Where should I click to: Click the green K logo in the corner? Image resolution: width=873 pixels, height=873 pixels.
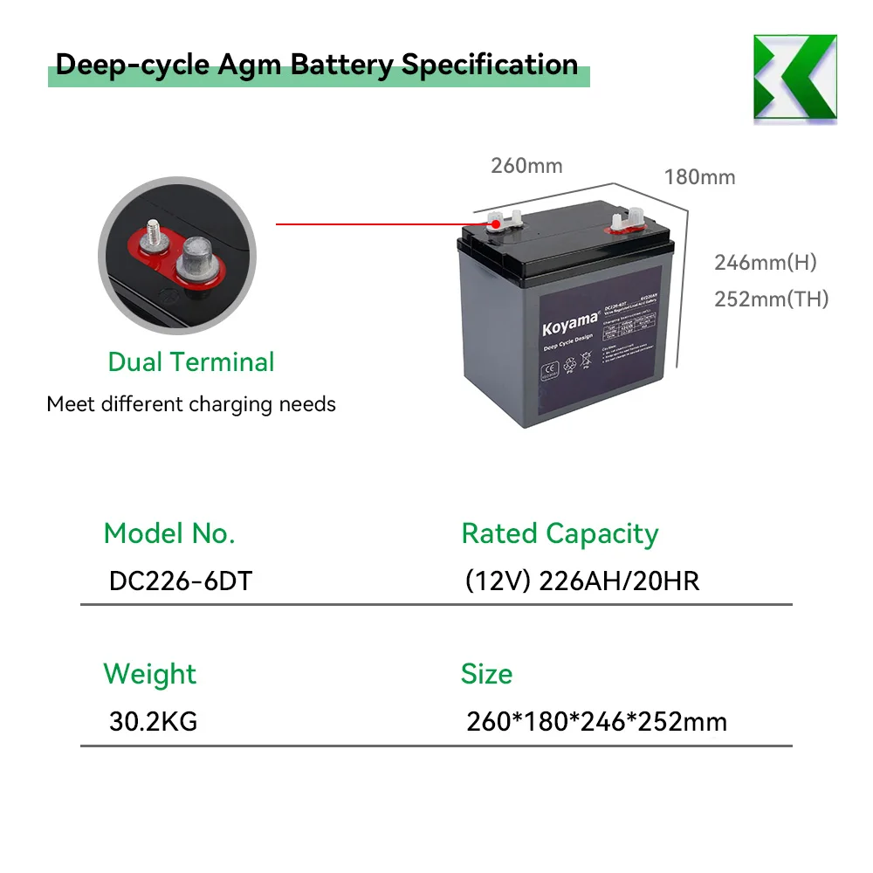[x=794, y=78]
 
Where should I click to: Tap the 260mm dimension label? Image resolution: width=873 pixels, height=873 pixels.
[x=526, y=165]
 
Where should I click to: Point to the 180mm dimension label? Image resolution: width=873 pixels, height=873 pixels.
[x=699, y=177]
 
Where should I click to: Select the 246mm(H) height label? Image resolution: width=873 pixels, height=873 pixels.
[x=765, y=262]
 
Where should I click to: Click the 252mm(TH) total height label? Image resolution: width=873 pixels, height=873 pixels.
[x=771, y=299]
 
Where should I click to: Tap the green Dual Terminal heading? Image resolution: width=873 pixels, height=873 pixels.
[x=191, y=361]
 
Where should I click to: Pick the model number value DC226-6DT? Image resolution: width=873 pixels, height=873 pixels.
[x=181, y=581]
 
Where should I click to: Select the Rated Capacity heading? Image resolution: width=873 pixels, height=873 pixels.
[x=560, y=533]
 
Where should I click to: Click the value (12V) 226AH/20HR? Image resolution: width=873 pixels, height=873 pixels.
[x=582, y=581]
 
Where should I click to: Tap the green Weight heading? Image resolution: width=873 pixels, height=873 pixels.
[x=150, y=674]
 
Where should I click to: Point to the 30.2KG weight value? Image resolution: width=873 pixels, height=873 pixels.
[x=154, y=722]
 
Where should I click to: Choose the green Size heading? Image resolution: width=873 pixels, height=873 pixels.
[x=486, y=674]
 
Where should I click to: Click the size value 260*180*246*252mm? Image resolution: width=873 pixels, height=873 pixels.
[x=596, y=722]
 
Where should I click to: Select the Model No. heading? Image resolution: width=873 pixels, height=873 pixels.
[x=169, y=533]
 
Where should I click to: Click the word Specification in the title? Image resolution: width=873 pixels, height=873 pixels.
[x=490, y=65]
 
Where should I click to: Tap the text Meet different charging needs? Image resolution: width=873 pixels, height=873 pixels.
[x=191, y=404]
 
